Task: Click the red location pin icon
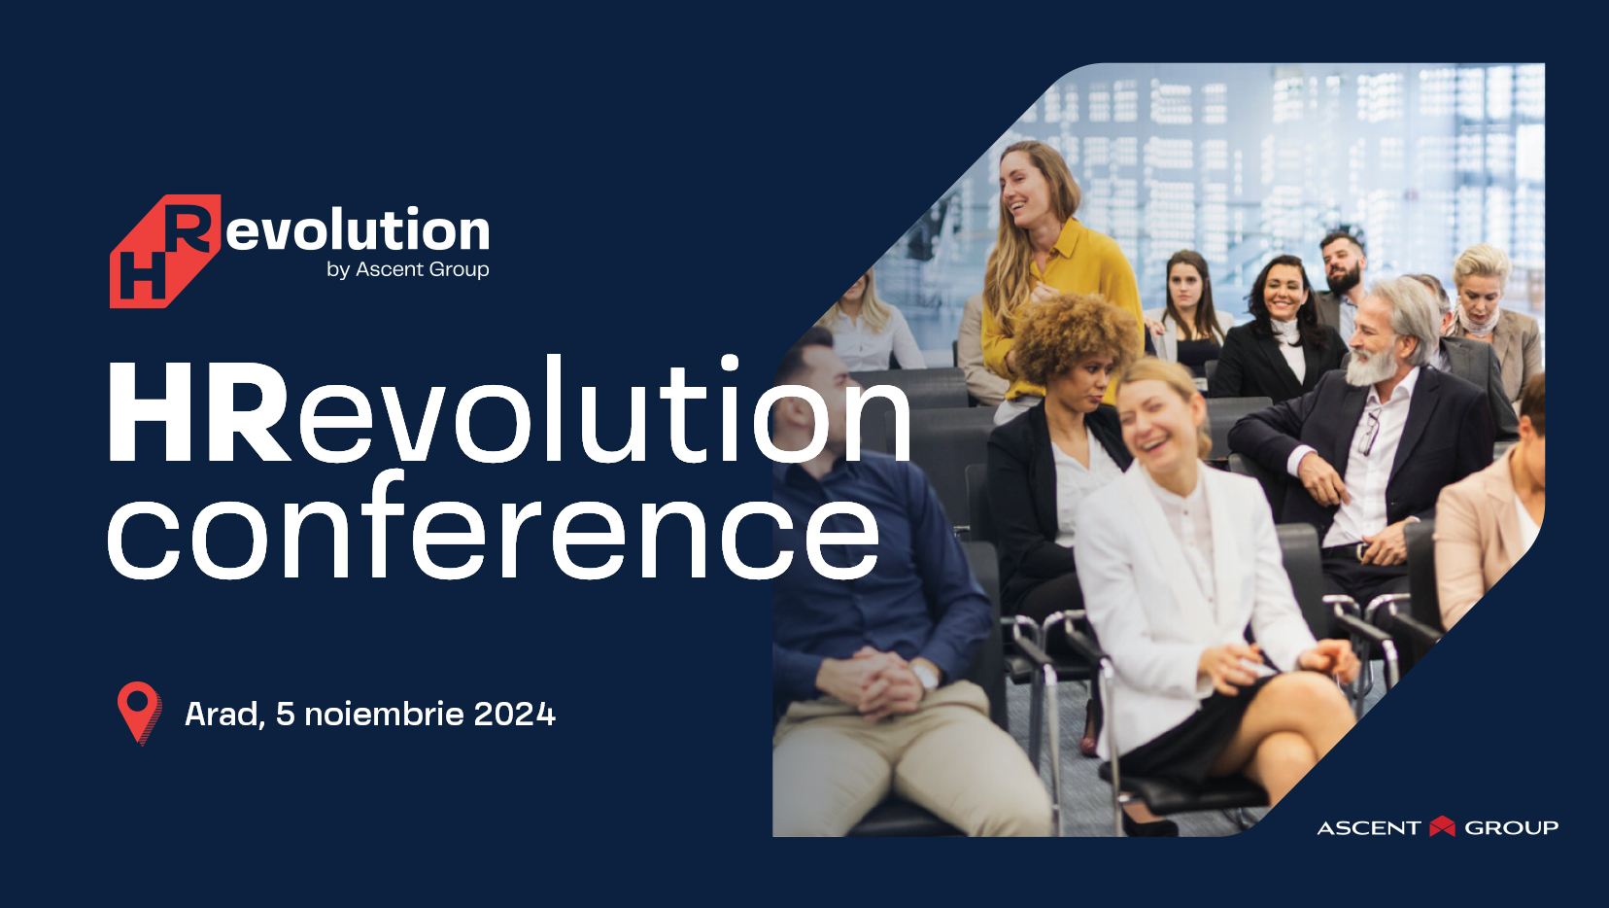coord(139,712)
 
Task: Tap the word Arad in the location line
coord(222,714)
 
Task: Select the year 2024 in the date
coord(514,714)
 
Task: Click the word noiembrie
coord(385,714)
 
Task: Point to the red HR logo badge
coord(165,251)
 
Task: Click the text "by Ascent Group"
coord(407,269)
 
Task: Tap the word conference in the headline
coord(493,527)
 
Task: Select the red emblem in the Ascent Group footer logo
coord(1442,826)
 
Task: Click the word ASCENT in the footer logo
coord(1369,828)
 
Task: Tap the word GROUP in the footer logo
coord(1511,828)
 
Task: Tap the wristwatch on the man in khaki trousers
coord(925,677)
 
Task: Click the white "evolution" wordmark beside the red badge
coord(358,230)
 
